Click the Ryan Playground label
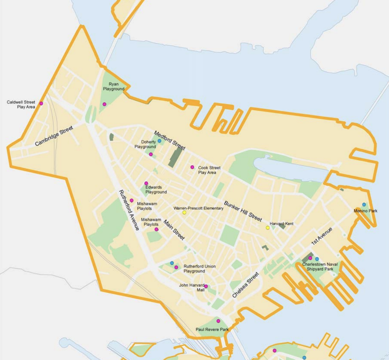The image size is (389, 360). [114, 86]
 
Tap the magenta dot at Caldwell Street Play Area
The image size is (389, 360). [41, 103]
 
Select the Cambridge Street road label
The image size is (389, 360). [54, 136]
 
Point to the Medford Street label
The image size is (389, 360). [170, 140]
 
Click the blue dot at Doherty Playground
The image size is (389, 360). [159, 141]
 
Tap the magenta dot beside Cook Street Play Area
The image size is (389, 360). [192, 167]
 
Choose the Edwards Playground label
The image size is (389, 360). [156, 189]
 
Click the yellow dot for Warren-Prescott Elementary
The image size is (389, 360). [184, 213]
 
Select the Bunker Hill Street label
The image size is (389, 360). [243, 211]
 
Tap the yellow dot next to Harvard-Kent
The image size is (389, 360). [268, 228]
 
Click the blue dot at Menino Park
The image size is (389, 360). [364, 204]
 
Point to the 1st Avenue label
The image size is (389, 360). [321, 237]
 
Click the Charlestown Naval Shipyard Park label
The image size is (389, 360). [320, 267]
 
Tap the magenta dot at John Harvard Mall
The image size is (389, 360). [206, 286]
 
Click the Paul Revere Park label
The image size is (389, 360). [212, 330]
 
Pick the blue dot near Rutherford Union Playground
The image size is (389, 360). [172, 263]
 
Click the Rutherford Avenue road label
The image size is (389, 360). [129, 210]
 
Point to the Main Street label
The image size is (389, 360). [174, 229]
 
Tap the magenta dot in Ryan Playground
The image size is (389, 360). [104, 104]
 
